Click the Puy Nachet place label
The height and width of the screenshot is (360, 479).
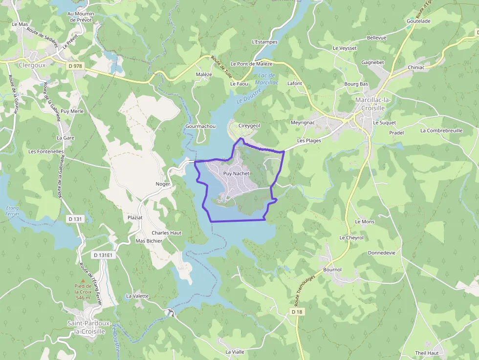point(236,173)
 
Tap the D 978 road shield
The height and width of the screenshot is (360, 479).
point(75,65)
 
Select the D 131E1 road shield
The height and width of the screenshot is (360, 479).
point(103,255)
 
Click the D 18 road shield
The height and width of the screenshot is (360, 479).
point(297,312)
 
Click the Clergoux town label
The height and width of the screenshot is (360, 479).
point(32,64)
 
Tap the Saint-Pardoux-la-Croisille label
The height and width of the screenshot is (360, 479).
point(86,327)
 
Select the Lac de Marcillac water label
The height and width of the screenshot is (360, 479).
point(268,79)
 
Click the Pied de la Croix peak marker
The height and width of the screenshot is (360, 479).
point(83,280)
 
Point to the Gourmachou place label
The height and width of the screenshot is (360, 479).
point(200,126)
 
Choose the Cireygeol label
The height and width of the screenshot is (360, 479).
point(249,126)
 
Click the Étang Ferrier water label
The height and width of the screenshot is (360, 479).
point(12,211)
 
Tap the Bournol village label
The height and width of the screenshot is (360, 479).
point(332,270)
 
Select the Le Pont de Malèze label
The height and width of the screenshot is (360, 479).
point(251,64)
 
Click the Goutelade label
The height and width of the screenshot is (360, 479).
point(418,21)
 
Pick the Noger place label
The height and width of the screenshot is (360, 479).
point(163,184)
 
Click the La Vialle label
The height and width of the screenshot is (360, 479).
point(235,352)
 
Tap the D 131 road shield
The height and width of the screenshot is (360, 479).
point(75,219)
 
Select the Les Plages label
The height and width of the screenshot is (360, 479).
point(309,140)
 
